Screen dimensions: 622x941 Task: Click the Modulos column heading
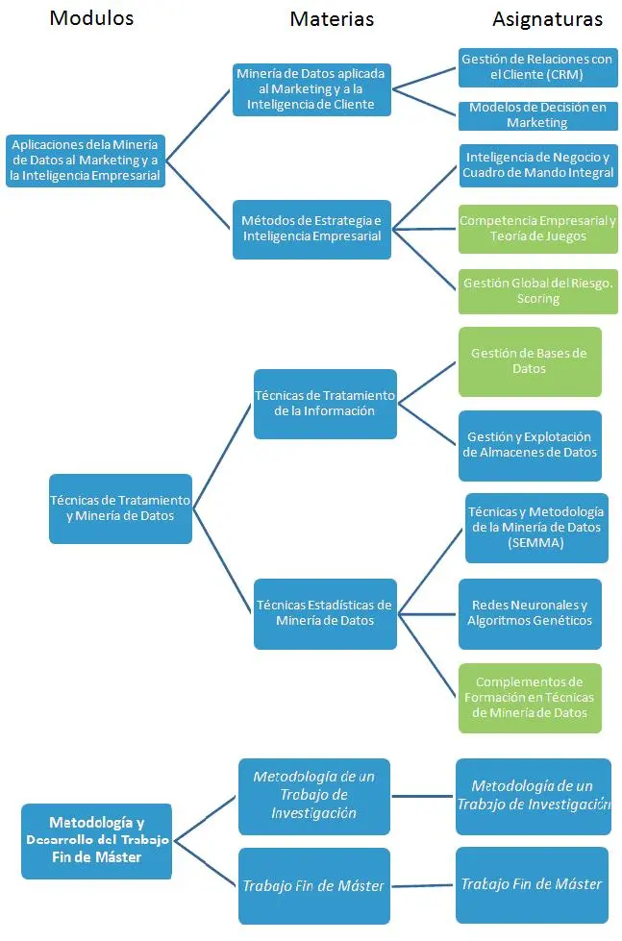[x=92, y=18]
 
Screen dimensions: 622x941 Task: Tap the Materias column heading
[x=332, y=19]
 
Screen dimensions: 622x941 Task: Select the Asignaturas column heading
[x=548, y=20]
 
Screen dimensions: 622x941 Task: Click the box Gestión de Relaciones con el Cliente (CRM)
[x=538, y=67]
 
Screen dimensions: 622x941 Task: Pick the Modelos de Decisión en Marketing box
[x=538, y=115]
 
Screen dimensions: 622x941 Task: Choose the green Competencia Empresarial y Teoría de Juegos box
[x=538, y=229]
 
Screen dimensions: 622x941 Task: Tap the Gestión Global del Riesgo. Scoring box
[x=538, y=291]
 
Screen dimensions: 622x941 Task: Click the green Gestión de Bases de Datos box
[x=530, y=361]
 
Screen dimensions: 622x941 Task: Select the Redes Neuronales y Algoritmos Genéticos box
[x=530, y=614]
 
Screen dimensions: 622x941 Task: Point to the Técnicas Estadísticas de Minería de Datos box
[x=325, y=614]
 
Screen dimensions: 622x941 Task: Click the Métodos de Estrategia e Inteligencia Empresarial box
[x=312, y=230]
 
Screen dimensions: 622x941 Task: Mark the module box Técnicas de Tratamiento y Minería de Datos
[x=121, y=508]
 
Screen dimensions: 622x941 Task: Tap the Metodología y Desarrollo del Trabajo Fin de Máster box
[x=97, y=841]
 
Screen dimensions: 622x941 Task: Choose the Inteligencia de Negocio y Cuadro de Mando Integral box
[x=538, y=165]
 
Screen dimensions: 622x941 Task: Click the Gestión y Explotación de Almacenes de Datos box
[x=530, y=445]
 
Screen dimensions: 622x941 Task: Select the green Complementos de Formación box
[x=530, y=698]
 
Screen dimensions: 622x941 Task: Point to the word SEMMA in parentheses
[x=535, y=543]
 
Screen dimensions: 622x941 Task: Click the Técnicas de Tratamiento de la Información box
[x=325, y=404]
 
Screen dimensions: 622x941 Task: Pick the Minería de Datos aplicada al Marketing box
[x=312, y=89]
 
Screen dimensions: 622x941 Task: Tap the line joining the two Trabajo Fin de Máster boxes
[x=422, y=886]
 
